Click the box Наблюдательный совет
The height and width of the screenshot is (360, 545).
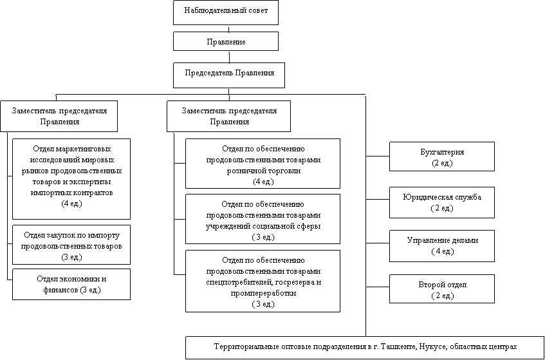click(x=225, y=12)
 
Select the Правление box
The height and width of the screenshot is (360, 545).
click(x=225, y=42)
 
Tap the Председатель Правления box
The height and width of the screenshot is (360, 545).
click(x=228, y=73)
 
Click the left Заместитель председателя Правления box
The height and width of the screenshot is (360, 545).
click(x=59, y=116)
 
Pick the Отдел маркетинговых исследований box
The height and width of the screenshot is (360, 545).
click(x=71, y=178)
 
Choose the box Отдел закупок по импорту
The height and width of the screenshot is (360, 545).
click(x=71, y=245)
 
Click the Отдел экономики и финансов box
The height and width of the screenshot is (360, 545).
click(x=71, y=284)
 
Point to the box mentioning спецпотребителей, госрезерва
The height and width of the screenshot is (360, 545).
click(x=263, y=281)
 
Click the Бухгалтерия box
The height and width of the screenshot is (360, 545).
click(x=441, y=157)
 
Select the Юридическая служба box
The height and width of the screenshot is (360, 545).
click(x=441, y=202)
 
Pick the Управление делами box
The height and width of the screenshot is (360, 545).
click(x=441, y=245)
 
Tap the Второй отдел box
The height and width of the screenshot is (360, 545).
click(x=441, y=289)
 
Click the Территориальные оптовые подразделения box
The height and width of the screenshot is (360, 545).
click(x=365, y=346)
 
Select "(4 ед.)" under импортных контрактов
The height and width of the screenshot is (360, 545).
click(x=71, y=204)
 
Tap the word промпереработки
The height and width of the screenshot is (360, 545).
click(x=263, y=292)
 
